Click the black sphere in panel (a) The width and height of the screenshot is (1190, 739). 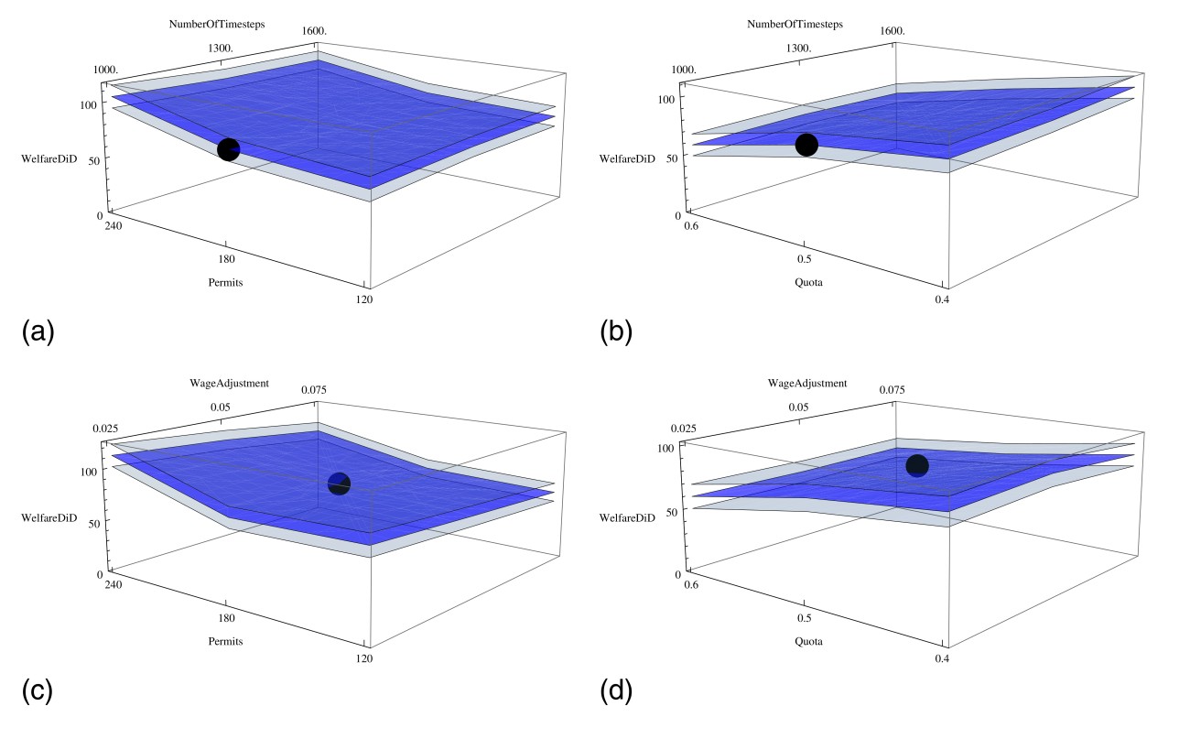(229, 150)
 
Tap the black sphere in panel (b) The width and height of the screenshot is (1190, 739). (806, 145)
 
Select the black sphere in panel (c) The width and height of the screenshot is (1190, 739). (339, 484)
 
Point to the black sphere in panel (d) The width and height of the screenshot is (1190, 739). (916, 465)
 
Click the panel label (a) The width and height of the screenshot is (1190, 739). (38, 332)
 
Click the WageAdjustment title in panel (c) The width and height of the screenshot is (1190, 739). (231, 383)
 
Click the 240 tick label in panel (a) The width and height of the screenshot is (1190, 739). (114, 225)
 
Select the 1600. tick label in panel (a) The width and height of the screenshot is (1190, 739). (314, 31)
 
